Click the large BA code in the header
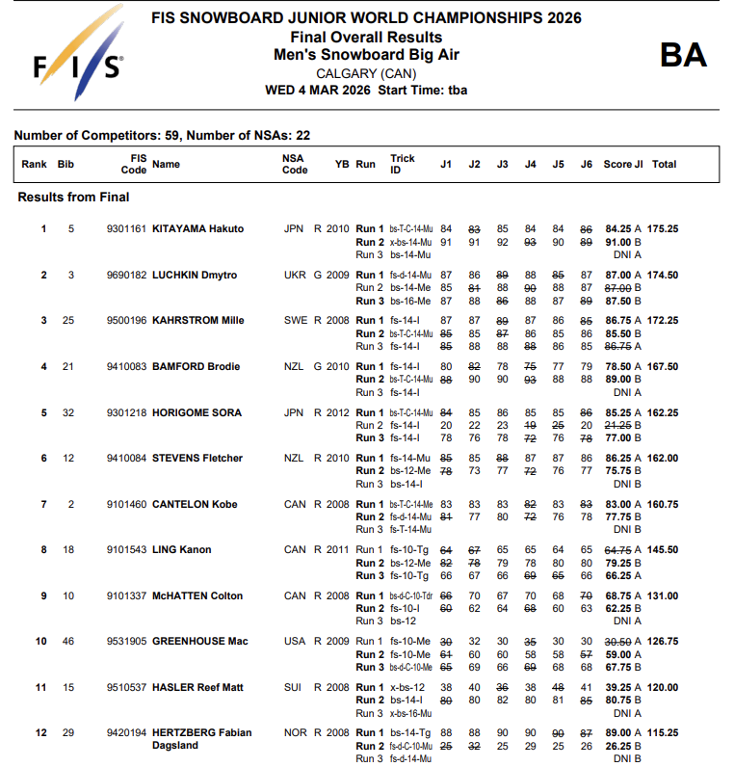[x=683, y=55]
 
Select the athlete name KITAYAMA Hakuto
[x=197, y=229]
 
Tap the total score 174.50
[x=663, y=276]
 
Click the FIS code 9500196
[x=127, y=321]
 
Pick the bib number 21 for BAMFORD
[x=67, y=367]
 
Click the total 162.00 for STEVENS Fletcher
[x=663, y=459]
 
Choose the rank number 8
[x=43, y=550]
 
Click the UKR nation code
[x=295, y=276]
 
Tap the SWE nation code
[x=295, y=321]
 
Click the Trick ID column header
[x=403, y=164]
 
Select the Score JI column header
[x=622, y=165]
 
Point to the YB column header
[x=341, y=165]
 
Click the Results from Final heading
[x=73, y=198]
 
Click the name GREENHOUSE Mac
[x=200, y=642]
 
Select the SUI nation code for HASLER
[x=294, y=688]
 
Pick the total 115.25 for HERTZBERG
[x=663, y=733]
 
